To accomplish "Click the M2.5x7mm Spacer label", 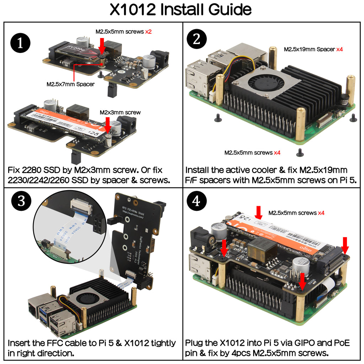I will (x=70, y=84).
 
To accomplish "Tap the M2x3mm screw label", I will (x=120, y=112).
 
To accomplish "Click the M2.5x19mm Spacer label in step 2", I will (x=313, y=49).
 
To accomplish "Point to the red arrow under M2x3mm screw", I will (x=108, y=125).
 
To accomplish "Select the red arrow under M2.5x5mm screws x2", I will (x=102, y=45).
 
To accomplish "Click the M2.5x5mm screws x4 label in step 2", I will (x=252, y=152).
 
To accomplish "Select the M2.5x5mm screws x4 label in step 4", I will (x=296, y=213).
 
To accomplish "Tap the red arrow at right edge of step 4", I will (x=345, y=245).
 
